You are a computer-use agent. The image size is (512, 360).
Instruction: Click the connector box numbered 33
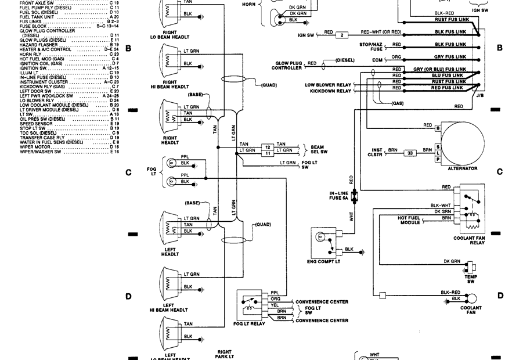[410, 153]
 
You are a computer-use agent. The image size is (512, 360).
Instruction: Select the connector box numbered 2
[342, 35]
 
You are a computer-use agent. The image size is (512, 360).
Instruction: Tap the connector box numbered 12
[267, 146]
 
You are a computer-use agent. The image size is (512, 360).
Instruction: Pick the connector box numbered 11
[267, 153]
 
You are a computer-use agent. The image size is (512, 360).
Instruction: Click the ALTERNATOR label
[463, 168]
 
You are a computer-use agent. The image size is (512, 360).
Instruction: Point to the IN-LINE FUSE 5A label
[339, 196]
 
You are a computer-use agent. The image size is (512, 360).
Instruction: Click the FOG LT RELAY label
[249, 323]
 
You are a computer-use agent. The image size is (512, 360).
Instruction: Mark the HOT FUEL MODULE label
[409, 220]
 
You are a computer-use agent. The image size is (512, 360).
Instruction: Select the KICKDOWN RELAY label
[330, 91]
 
